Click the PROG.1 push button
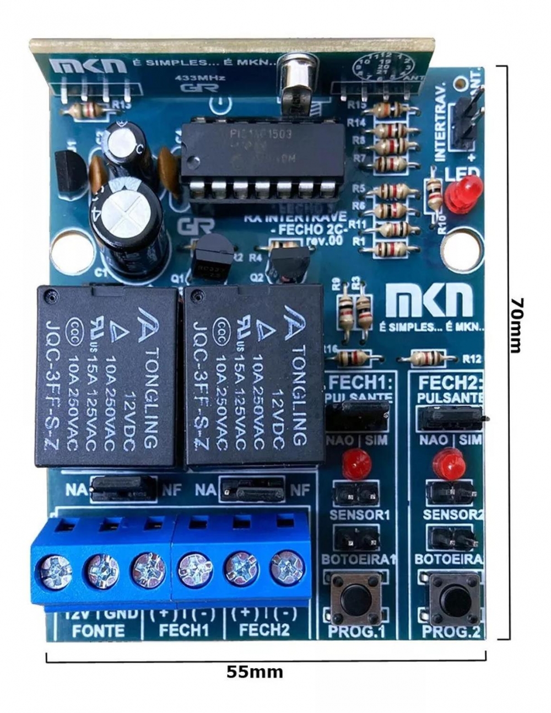click(356, 597)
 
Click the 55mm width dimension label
click(255, 672)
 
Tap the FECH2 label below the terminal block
click(264, 630)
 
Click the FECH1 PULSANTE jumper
click(357, 416)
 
